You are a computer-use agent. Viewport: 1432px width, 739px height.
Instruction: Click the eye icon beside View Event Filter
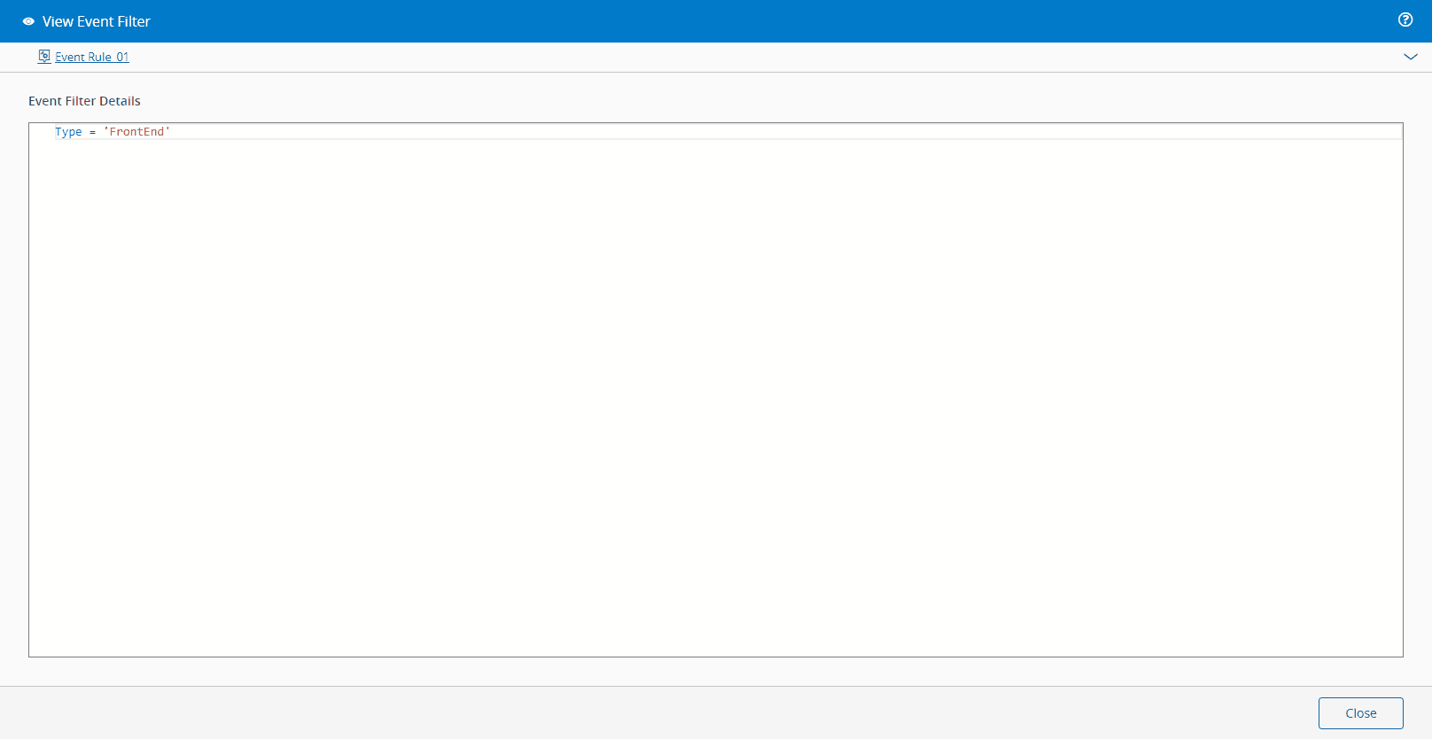point(28,21)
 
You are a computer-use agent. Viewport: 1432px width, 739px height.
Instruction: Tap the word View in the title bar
point(58,21)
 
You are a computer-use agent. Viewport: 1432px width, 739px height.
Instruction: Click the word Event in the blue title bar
point(95,21)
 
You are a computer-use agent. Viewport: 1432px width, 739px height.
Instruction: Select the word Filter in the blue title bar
point(133,21)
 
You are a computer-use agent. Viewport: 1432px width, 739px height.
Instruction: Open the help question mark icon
point(1405,19)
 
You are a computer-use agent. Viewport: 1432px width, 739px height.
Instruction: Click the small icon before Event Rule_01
point(44,56)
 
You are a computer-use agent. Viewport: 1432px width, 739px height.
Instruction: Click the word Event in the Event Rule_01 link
point(70,57)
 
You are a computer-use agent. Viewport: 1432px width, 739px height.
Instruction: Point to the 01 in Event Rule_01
point(123,57)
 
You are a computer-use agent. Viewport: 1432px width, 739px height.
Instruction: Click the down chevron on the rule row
point(1410,57)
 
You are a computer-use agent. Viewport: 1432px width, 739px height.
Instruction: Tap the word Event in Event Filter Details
point(45,101)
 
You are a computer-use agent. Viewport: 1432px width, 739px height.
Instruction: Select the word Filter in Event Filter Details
point(81,101)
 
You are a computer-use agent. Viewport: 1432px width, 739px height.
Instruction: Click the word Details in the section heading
point(120,101)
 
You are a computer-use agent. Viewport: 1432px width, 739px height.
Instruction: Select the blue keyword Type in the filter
point(68,132)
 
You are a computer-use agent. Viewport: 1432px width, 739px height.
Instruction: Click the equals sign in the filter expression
point(93,132)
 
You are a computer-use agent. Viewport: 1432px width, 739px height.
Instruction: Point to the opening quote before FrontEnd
point(106,129)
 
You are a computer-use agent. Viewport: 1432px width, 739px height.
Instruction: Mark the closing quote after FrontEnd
point(168,129)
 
